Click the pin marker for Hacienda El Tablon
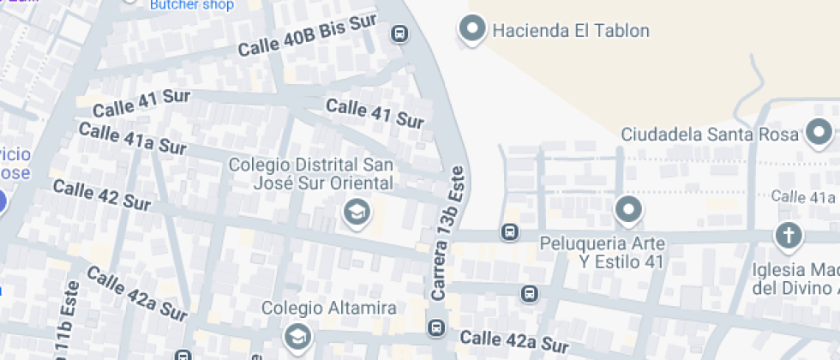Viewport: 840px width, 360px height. coord(472,30)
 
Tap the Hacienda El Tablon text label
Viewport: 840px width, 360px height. coord(570,31)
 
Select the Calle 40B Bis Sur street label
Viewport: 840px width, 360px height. coord(307,35)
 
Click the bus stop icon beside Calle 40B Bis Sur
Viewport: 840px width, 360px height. coord(399,33)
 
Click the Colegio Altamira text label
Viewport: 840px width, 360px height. coord(328,308)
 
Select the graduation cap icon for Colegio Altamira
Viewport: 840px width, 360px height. coord(297,334)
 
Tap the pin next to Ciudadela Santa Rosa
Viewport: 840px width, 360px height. coord(819,133)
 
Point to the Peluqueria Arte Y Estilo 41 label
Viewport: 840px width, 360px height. coord(603,253)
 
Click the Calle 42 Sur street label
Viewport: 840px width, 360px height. coord(101,196)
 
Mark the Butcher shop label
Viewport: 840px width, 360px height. coord(191,5)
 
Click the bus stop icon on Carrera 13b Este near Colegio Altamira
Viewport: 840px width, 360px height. coord(435,327)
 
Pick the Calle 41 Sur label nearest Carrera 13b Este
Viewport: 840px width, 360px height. coord(375,113)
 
